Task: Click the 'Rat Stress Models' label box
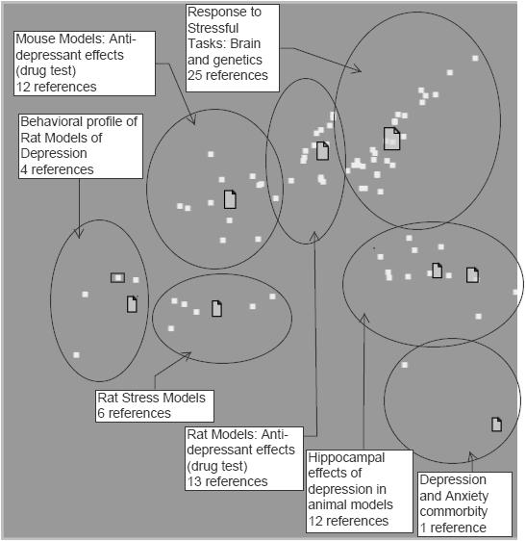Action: coord(155,406)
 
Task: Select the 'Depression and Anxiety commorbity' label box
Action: coord(464,503)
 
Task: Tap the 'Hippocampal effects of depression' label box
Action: coord(360,490)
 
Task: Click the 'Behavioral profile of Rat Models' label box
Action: coord(81,146)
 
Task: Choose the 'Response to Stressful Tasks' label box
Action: coord(233,48)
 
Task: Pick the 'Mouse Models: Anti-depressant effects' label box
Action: coord(85,64)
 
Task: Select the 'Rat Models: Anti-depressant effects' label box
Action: coord(244,458)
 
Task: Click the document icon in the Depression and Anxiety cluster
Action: coord(496,425)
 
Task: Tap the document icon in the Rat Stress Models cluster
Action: coord(216,308)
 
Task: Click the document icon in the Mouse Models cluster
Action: coord(230,199)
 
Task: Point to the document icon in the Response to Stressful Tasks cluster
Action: coord(392,139)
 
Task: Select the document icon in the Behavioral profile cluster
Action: coord(132,304)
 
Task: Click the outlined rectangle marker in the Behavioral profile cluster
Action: coord(118,278)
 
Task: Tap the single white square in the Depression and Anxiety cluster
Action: coord(405,365)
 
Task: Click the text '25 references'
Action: coord(228,75)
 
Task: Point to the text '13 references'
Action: coord(227,481)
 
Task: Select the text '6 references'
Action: coord(134,413)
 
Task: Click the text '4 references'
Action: coord(57,169)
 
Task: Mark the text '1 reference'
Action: coord(453,528)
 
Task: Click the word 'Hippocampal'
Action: coord(346,458)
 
